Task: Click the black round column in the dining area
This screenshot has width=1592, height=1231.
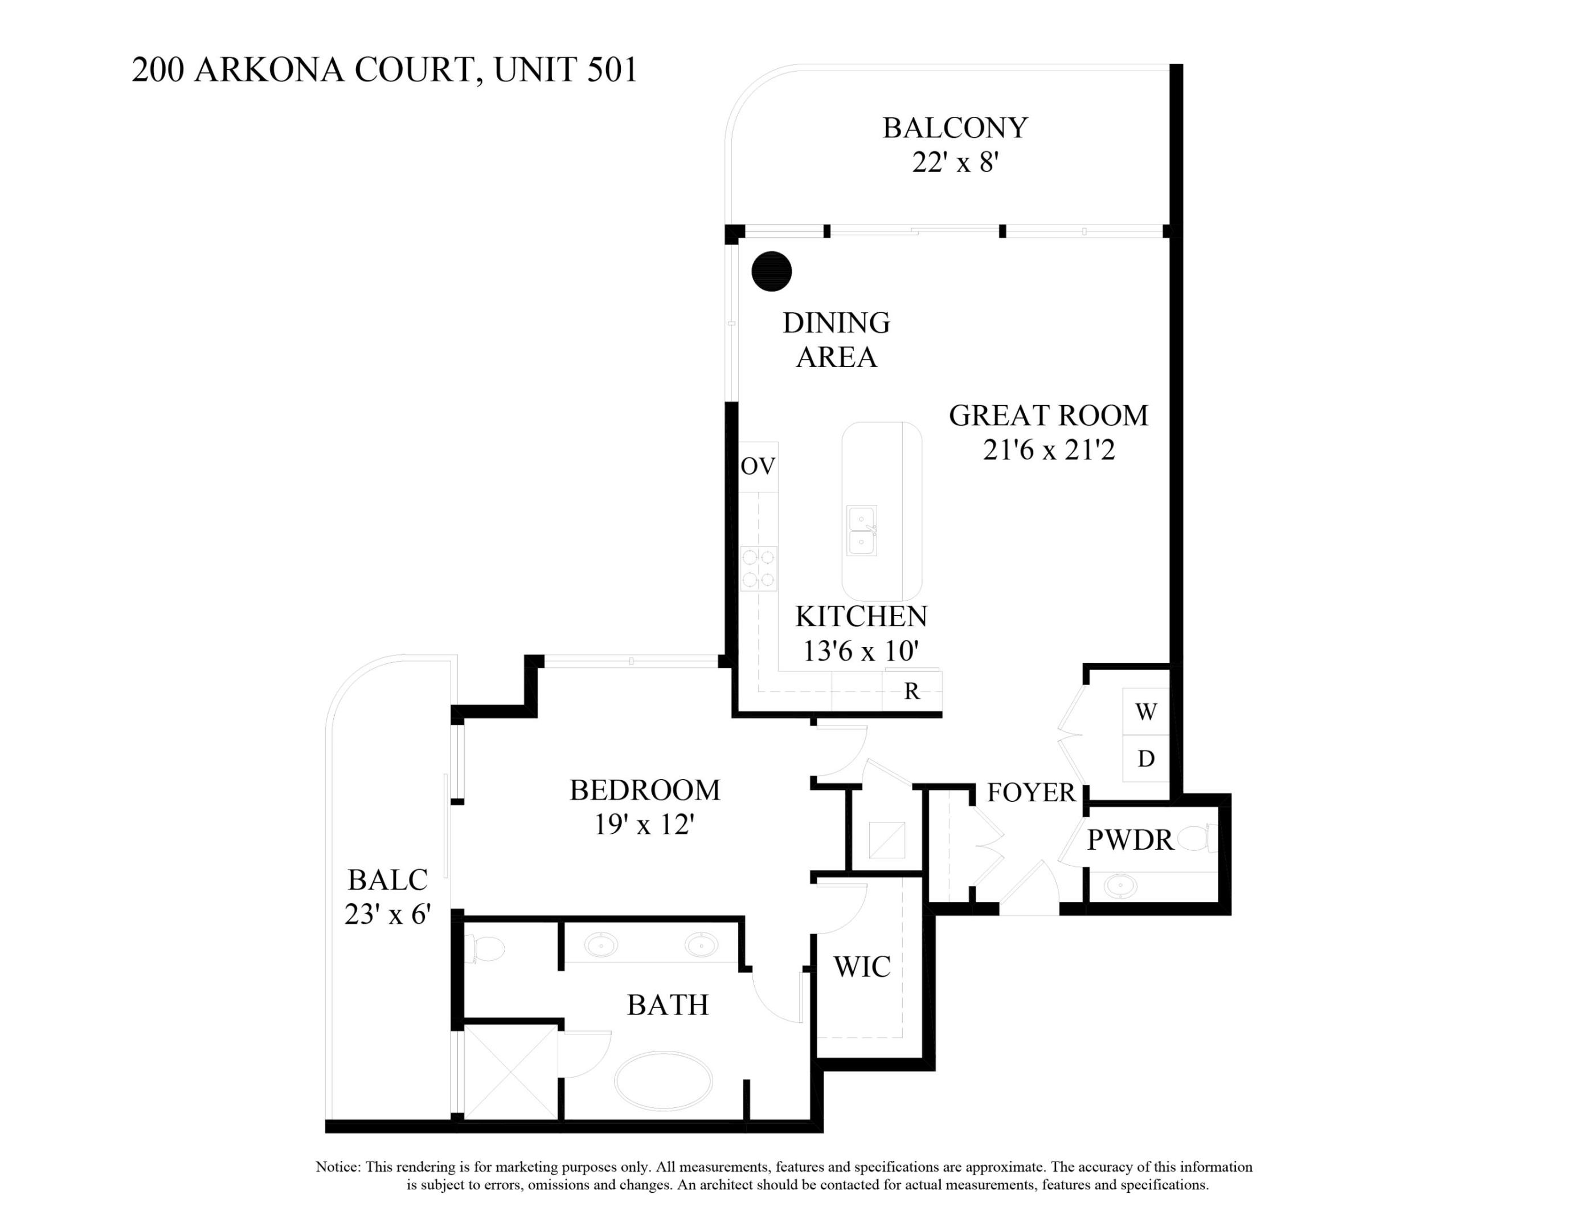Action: pyautogui.click(x=771, y=271)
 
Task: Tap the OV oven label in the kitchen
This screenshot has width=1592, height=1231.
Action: pyautogui.click(x=758, y=466)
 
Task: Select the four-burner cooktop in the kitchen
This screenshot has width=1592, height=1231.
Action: pyautogui.click(x=759, y=569)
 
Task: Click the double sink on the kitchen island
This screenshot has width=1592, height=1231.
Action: pyautogui.click(x=862, y=531)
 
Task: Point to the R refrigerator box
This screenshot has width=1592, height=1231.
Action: pyautogui.click(x=911, y=691)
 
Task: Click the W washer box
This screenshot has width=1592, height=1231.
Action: pyautogui.click(x=1146, y=712)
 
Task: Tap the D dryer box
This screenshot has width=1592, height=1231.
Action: pyautogui.click(x=1146, y=759)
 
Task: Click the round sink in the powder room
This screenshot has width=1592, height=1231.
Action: pyautogui.click(x=1120, y=887)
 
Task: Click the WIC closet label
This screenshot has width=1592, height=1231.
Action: pyautogui.click(x=862, y=967)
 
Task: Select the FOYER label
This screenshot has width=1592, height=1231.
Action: pyautogui.click(x=1031, y=792)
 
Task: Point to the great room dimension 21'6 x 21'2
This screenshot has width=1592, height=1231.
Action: pyautogui.click(x=1048, y=450)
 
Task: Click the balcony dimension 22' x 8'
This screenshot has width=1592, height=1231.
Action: pyautogui.click(x=954, y=162)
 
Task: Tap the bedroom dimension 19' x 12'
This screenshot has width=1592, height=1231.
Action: pyautogui.click(x=644, y=825)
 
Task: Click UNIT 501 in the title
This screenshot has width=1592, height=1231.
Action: pyautogui.click(x=566, y=70)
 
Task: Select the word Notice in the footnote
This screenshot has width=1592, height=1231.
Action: pyautogui.click(x=338, y=1167)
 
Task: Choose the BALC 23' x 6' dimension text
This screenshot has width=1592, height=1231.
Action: pyautogui.click(x=388, y=914)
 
